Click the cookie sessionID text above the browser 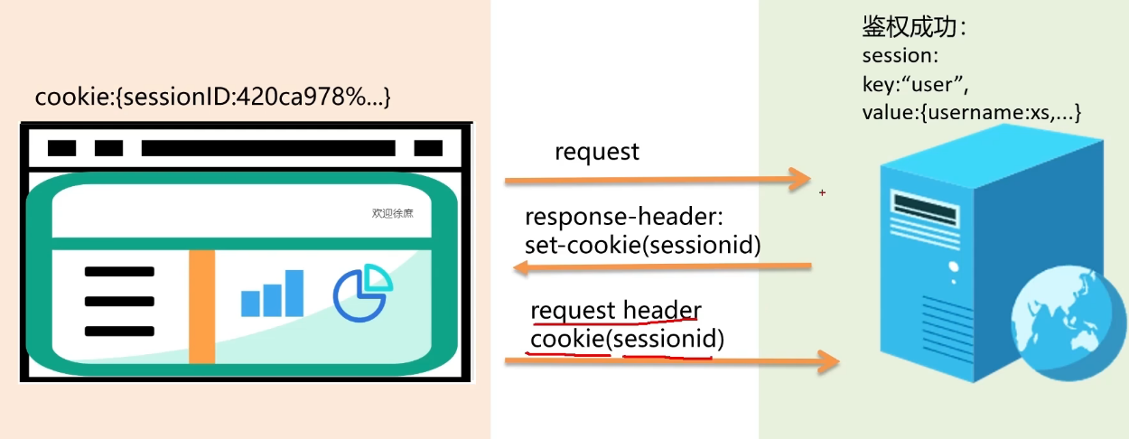point(212,98)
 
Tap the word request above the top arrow point(596,152)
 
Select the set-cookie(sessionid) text point(642,244)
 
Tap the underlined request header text point(615,311)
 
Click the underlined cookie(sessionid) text point(627,340)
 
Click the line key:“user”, point(916,85)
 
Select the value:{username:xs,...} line point(972,113)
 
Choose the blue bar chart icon point(272,294)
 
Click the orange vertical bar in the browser point(201,307)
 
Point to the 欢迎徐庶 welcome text point(392,214)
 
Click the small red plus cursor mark point(822,192)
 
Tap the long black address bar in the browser point(268,148)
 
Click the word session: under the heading point(900,56)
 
